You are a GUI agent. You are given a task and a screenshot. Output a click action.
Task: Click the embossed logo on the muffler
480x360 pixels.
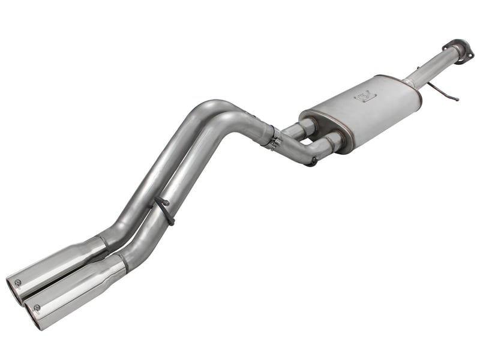(364, 95)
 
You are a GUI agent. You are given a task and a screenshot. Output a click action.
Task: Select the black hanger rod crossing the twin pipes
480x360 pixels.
(163, 210)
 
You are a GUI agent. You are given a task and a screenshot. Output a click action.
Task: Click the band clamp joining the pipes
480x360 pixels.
(275, 141)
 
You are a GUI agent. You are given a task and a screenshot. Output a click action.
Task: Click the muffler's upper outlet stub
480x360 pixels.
(305, 125)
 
